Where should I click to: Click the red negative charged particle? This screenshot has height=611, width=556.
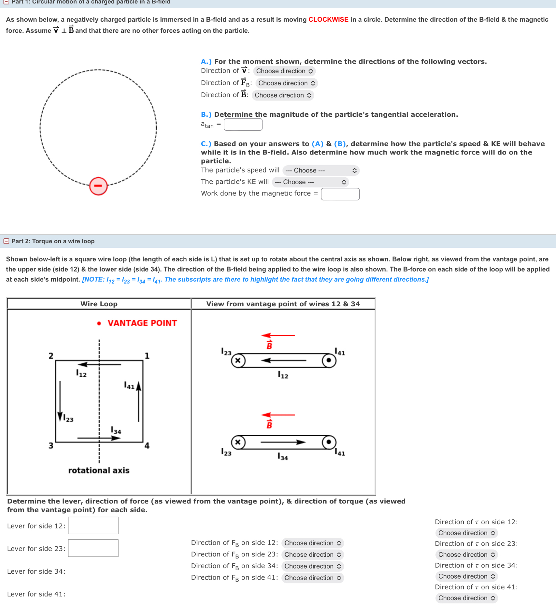[99, 186]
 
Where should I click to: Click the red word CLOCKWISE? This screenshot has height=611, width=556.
[328, 19]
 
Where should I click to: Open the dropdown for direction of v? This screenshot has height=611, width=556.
[284, 71]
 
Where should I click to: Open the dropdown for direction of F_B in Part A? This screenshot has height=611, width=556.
[286, 83]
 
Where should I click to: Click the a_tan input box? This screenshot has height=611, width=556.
[243, 124]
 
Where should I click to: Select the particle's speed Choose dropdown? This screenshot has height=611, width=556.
[321, 170]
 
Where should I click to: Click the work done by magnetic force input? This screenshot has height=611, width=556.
[340, 194]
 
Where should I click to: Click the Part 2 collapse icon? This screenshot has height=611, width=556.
[6, 241]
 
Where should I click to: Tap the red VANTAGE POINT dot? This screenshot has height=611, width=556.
[99, 323]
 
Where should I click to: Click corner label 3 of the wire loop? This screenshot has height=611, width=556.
[51, 445]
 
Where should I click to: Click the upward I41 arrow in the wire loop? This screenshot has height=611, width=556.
[139, 401]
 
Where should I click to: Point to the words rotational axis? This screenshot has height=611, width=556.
[99, 470]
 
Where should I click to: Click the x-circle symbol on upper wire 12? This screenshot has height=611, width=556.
[238, 361]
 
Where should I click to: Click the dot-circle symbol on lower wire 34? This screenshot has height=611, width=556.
[329, 442]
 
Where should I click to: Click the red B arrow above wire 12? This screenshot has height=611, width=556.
[278, 335]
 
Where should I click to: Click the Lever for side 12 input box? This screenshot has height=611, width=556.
[93, 525]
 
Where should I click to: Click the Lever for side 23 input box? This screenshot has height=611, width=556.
[93, 548]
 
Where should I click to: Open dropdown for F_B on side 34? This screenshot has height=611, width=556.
[312, 566]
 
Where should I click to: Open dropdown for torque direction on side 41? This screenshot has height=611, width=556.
[466, 598]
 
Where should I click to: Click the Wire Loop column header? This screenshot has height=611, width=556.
[99, 304]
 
